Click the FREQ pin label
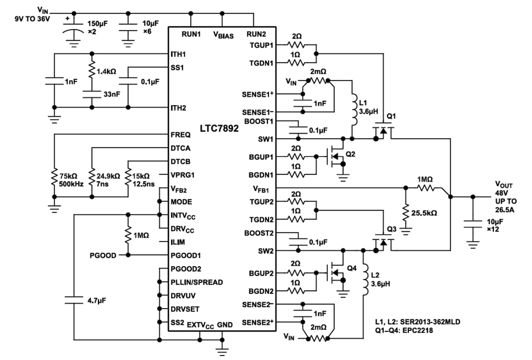click(x=181, y=135)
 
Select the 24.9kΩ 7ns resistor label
click(x=107, y=179)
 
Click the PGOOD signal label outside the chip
click(x=103, y=255)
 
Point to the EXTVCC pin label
click(x=199, y=324)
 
